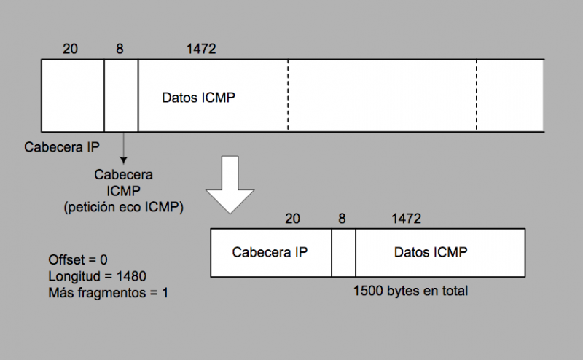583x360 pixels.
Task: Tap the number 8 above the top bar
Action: pos(120,49)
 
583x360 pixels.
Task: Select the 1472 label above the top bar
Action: pos(201,49)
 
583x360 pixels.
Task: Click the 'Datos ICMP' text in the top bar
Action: pos(199,98)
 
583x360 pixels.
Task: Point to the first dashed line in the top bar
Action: pos(288,95)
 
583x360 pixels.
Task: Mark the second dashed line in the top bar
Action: pos(477,95)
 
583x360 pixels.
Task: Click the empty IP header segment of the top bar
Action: pos(73,95)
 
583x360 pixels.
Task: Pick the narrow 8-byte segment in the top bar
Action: pos(121,95)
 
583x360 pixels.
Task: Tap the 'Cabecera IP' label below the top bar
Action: pos(61,146)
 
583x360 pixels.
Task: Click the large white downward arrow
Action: pos(230,185)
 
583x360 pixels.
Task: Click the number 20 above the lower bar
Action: pos(292,219)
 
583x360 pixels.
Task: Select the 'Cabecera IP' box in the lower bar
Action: pos(270,253)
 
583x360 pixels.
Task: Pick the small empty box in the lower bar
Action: pos(343,253)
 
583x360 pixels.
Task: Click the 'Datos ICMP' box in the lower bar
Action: pos(431,253)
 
